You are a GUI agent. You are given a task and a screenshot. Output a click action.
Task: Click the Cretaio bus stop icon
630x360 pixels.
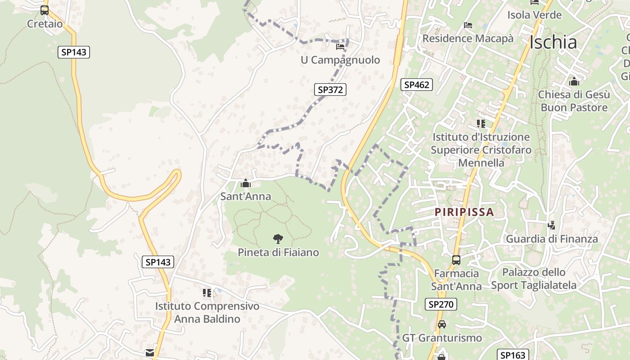click(x=44, y=10)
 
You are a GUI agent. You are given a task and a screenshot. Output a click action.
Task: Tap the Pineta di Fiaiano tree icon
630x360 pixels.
click(x=278, y=239)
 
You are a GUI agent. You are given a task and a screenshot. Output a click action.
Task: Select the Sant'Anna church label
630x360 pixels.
click(x=246, y=196)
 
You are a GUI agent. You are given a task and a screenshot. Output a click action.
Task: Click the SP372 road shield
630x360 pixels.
click(x=330, y=90)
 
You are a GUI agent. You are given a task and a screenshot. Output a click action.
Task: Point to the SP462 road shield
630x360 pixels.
click(x=417, y=84)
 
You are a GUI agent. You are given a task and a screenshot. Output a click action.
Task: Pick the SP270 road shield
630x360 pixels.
click(x=441, y=304)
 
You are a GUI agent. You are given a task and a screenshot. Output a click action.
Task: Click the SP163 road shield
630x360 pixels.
click(x=512, y=355)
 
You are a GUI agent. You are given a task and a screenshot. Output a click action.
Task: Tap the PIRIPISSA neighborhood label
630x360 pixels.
click(x=464, y=211)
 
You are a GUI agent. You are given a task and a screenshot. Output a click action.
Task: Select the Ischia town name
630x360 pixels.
click(x=553, y=42)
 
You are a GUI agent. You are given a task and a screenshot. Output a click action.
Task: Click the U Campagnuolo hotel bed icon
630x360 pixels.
click(x=340, y=46)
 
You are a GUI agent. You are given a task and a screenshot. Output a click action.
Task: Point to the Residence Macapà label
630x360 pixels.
click(x=468, y=38)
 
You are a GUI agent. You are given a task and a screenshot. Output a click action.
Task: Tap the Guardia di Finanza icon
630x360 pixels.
click(x=552, y=225)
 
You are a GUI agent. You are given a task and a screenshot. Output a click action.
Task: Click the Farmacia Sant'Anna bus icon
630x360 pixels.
click(x=456, y=260)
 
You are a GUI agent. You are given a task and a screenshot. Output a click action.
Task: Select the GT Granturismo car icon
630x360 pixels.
click(x=442, y=324)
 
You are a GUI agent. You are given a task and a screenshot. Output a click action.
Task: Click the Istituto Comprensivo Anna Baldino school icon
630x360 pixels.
click(x=207, y=293)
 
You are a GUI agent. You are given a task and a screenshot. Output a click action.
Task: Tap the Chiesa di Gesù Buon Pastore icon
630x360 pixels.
click(x=574, y=81)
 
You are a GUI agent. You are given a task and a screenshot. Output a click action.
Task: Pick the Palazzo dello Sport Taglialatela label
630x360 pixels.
click(x=534, y=279)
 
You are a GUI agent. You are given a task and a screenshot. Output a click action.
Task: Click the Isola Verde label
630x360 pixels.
click(x=534, y=15)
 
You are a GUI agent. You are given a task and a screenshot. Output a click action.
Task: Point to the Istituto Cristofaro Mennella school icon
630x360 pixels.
click(x=481, y=123)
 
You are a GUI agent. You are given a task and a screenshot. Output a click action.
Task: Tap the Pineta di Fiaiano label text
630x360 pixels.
click(x=278, y=252)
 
